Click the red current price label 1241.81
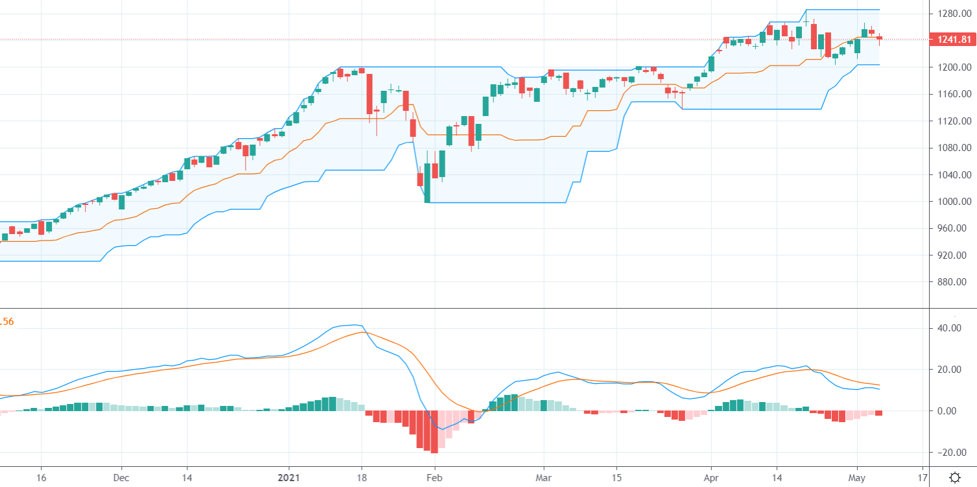click(952, 40)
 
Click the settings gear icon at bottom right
click(955, 477)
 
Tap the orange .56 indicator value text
click(6, 321)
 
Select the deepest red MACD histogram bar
click(434, 432)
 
